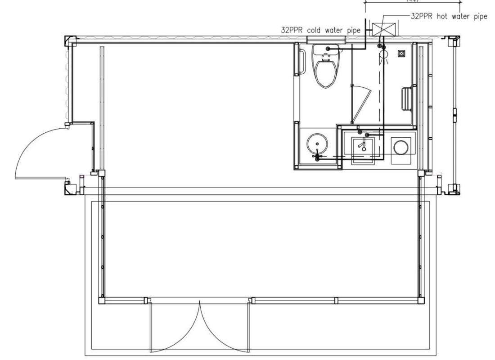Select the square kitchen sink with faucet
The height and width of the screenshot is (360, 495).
coord(362,147)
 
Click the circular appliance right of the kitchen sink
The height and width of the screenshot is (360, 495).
coord(401,147)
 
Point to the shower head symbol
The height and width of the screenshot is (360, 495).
coord(384,54)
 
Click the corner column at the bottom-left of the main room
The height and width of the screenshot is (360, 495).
coord(102,301)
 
